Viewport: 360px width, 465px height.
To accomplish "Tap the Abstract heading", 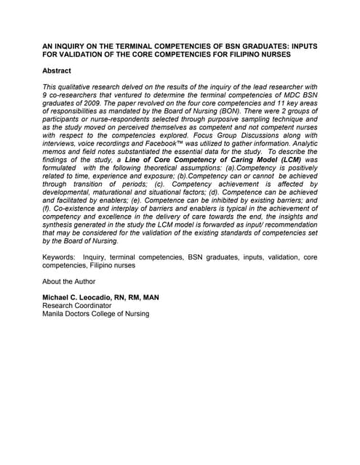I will (57, 70).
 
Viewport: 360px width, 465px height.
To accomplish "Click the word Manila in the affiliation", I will (55, 315).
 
